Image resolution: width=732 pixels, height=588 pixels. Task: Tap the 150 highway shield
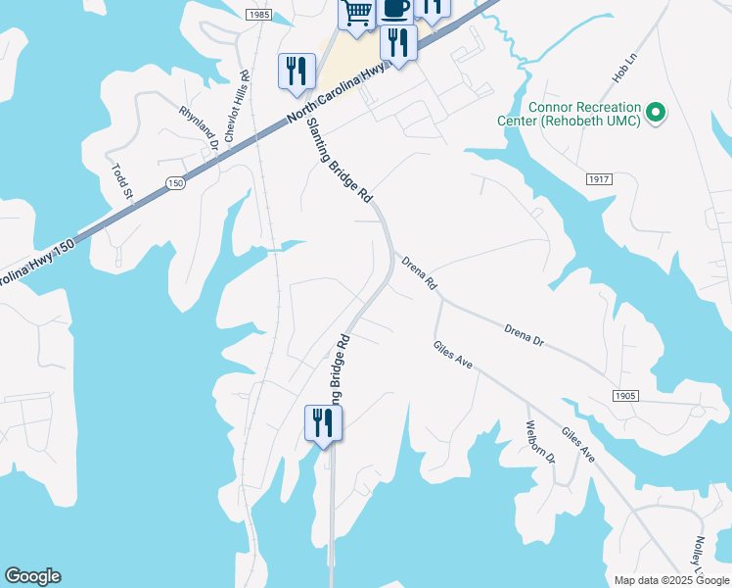tap(175, 183)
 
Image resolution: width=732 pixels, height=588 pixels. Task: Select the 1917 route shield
tap(600, 179)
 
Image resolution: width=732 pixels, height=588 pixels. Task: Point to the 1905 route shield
tap(626, 395)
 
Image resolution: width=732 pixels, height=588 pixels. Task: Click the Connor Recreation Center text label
tap(583, 114)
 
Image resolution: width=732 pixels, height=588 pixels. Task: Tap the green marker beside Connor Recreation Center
tap(658, 114)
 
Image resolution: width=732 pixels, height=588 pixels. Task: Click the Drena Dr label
tap(524, 333)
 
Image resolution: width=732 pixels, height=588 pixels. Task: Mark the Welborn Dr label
tap(541, 444)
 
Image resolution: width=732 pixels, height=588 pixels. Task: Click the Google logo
tap(32, 576)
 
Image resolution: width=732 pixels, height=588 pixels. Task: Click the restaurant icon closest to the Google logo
tap(321, 423)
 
